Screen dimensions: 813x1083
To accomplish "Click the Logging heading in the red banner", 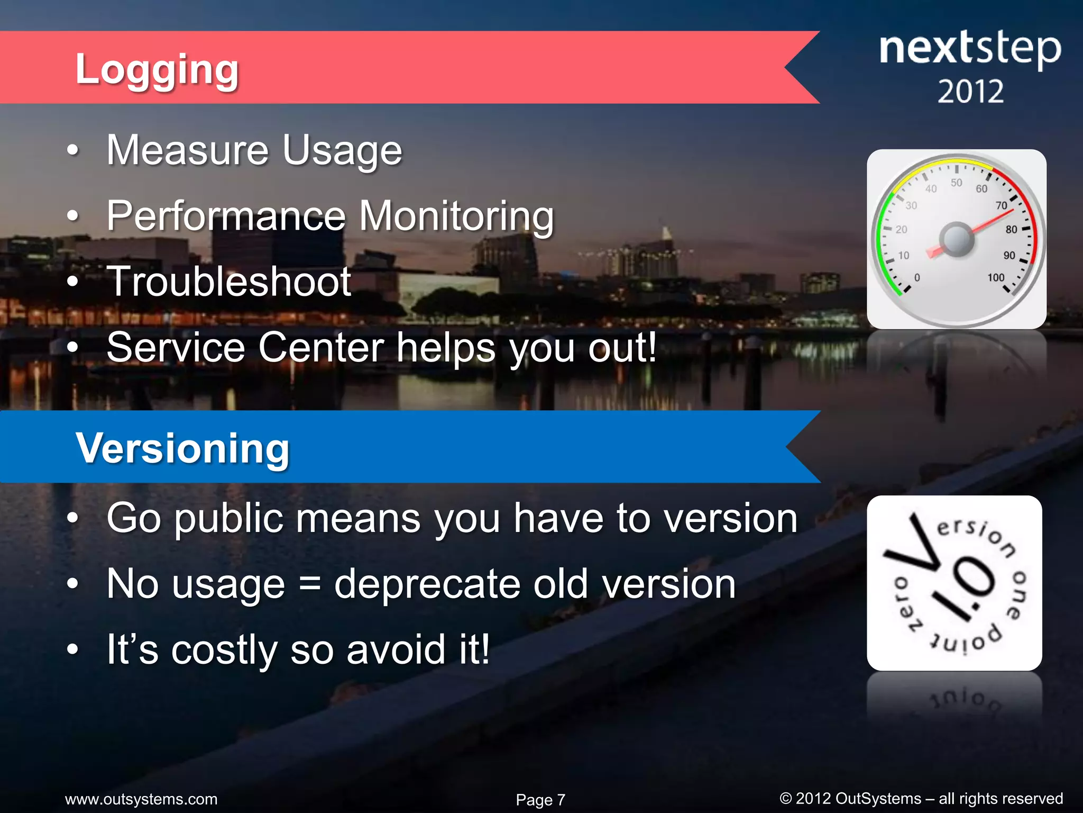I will (x=157, y=69).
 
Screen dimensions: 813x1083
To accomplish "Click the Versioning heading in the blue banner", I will (x=182, y=448).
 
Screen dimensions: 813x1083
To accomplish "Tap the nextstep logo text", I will (x=969, y=49).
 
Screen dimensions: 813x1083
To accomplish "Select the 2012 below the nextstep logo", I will (x=970, y=92).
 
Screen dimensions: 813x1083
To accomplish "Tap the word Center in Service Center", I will (x=321, y=348).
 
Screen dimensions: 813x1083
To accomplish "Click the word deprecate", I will (x=427, y=584).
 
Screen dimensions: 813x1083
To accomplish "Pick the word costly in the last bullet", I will (x=224, y=650).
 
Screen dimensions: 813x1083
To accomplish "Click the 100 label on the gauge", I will (x=996, y=277).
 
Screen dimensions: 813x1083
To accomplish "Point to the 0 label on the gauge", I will (x=917, y=277).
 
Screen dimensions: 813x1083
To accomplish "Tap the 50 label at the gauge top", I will (x=957, y=183).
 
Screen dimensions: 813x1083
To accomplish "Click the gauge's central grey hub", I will (x=956, y=239).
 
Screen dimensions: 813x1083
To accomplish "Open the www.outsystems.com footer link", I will (x=141, y=799).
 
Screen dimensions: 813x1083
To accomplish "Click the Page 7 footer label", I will (x=540, y=799).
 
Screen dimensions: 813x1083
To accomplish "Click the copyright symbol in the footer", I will (x=785, y=798).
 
